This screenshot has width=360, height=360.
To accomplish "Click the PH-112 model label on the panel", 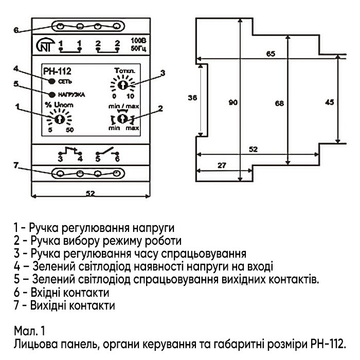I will pyautogui.click(x=55, y=72).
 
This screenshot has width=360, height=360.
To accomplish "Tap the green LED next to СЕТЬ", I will pyautogui.click(x=52, y=81).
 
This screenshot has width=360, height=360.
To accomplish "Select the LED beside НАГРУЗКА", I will pyautogui.click(x=52, y=95).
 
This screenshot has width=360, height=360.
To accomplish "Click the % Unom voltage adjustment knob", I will pyautogui.click(x=59, y=119).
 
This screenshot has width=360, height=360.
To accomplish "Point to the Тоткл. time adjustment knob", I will pyautogui.click(x=122, y=84).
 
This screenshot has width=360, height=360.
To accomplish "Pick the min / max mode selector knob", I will pyautogui.click(x=122, y=119).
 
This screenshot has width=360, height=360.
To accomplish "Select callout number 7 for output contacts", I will pyautogui.click(x=17, y=165).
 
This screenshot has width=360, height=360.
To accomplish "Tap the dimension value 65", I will pyautogui.click(x=271, y=53).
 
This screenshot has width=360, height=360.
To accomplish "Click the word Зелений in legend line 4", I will pyautogui.click(x=51, y=266).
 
